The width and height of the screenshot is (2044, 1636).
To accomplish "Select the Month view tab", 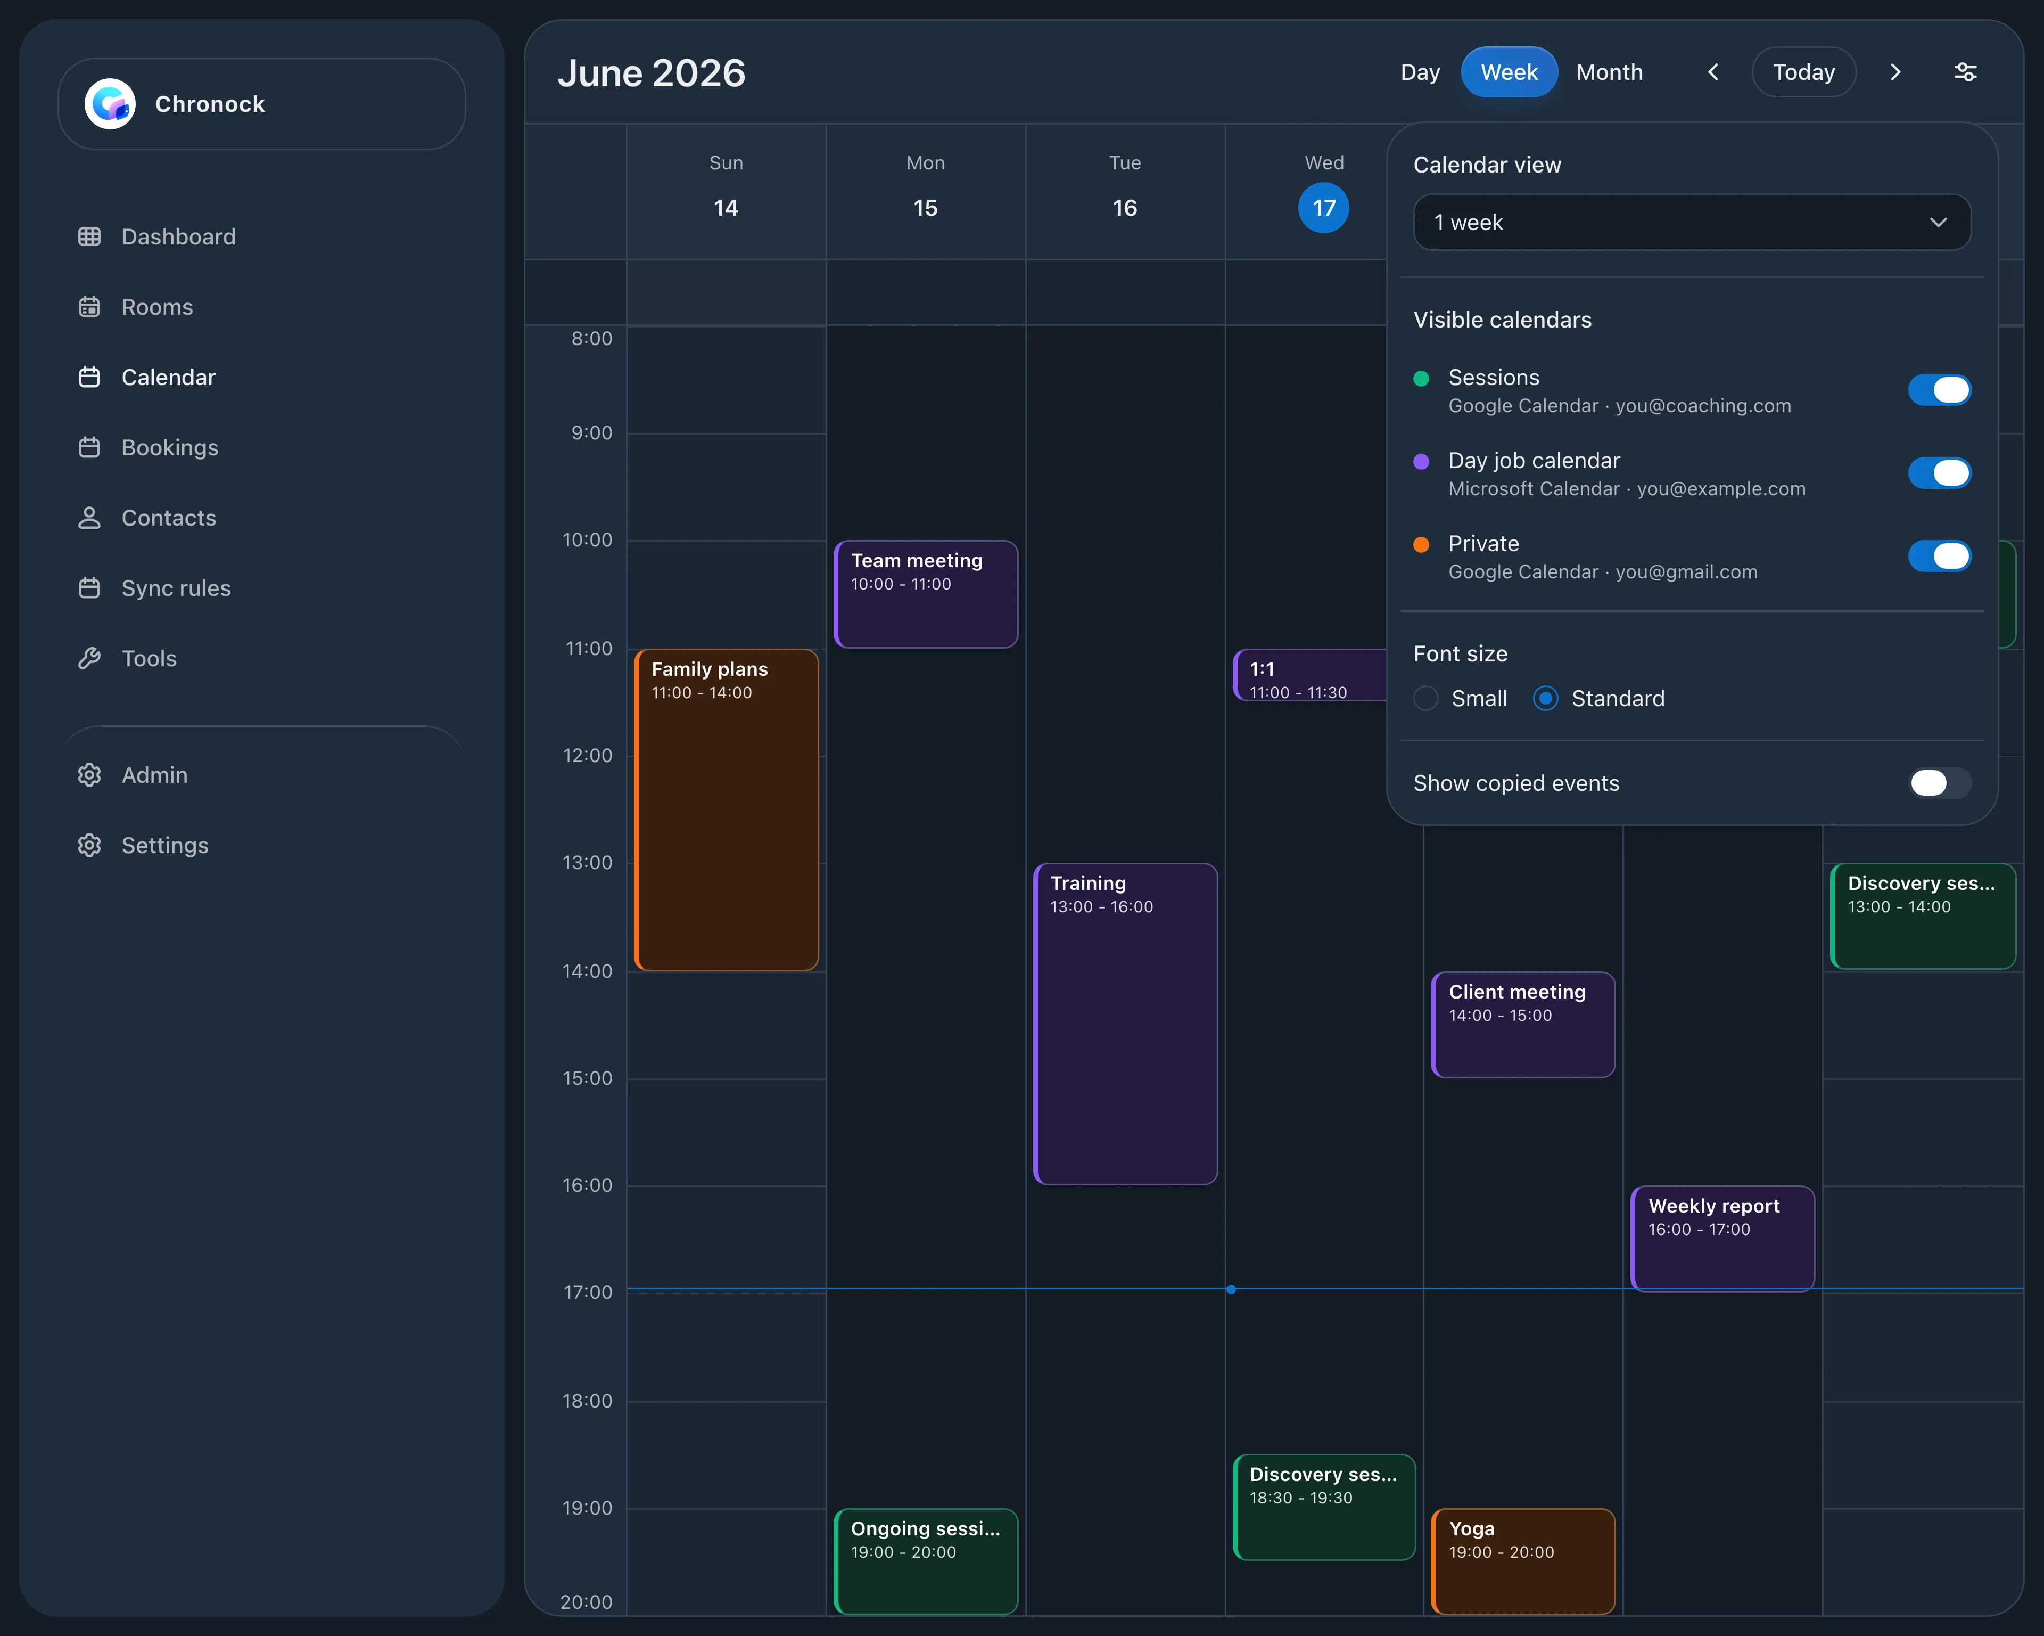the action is (1609, 72).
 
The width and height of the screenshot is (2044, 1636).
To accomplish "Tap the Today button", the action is (1803, 72).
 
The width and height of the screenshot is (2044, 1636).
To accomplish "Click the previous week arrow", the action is (1713, 72).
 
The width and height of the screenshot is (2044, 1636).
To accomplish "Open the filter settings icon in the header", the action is (1965, 72).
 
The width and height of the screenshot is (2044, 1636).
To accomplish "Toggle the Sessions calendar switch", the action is (1939, 390).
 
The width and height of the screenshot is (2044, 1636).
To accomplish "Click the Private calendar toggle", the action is (1939, 557).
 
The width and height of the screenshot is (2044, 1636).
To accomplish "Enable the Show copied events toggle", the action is (1939, 782).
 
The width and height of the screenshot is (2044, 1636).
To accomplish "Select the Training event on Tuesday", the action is (1125, 1024).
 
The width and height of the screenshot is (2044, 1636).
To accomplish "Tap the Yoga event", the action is (1522, 1561).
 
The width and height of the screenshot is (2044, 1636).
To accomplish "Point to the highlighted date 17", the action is (1323, 208).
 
